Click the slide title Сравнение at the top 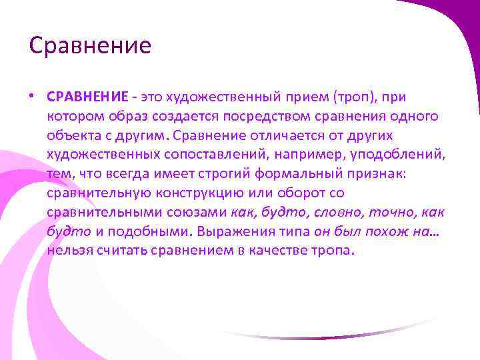90,46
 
